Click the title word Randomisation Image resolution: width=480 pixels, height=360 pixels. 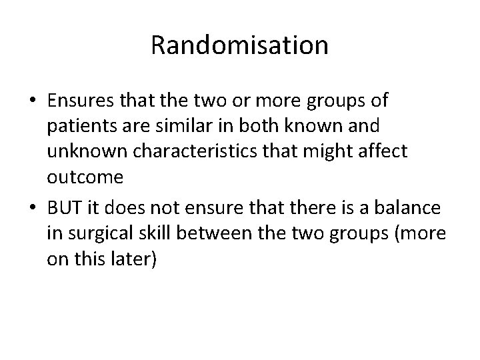239,45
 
